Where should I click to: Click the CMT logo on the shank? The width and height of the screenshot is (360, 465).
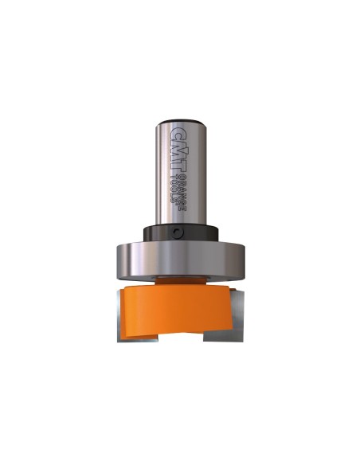click(x=179, y=150)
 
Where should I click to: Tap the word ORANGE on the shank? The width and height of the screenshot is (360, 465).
click(x=184, y=193)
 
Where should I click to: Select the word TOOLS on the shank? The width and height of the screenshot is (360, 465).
click(x=174, y=190)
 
